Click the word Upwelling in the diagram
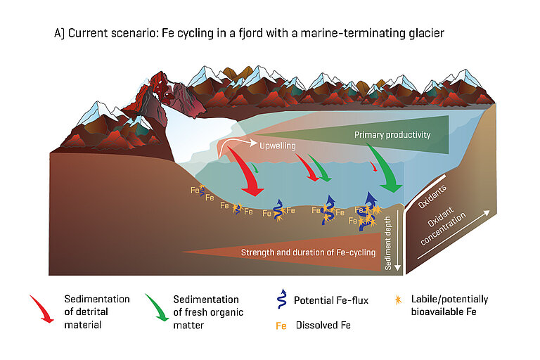(x=276, y=146)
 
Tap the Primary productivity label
(x=392, y=134)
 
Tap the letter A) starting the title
(x=59, y=33)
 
